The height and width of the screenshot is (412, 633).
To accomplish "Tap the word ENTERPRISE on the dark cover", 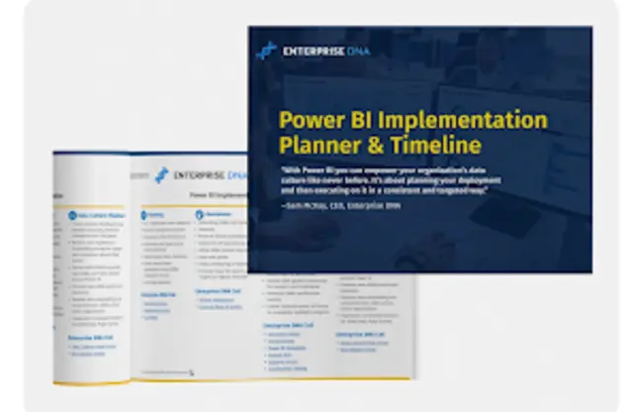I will coord(310,51).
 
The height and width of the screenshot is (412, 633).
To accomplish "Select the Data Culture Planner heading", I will coord(100,214).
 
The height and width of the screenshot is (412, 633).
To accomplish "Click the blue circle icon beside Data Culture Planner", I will coord(71,213).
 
